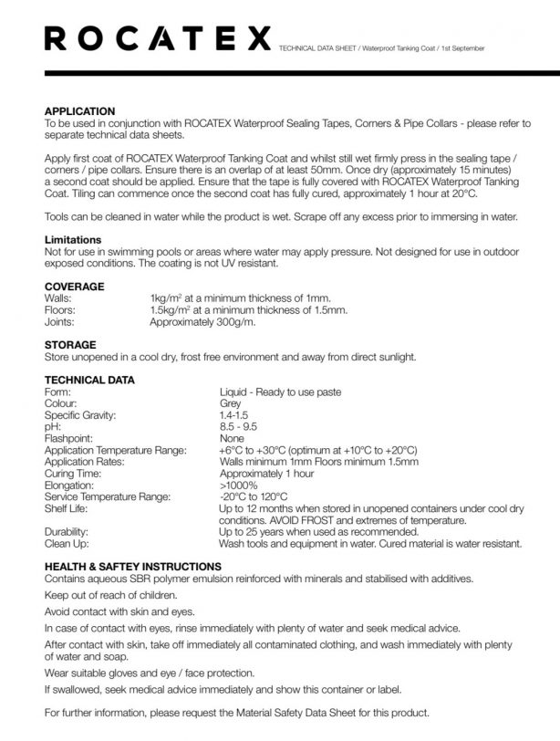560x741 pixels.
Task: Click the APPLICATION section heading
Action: pyautogui.click(x=79, y=110)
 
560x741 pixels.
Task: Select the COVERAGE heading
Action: pyautogui.click(x=74, y=287)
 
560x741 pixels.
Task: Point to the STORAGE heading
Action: pyautogui.click(x=70, y=345)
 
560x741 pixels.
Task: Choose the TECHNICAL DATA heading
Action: pyautogui.click(x=89, y=380)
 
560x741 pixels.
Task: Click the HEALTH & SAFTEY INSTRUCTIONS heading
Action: pyautogui.click(x=131, y=566)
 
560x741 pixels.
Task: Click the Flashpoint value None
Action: pyautogui.click(x=232, y=438)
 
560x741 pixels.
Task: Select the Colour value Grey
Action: pyautogui.click(x=230, y=402)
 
